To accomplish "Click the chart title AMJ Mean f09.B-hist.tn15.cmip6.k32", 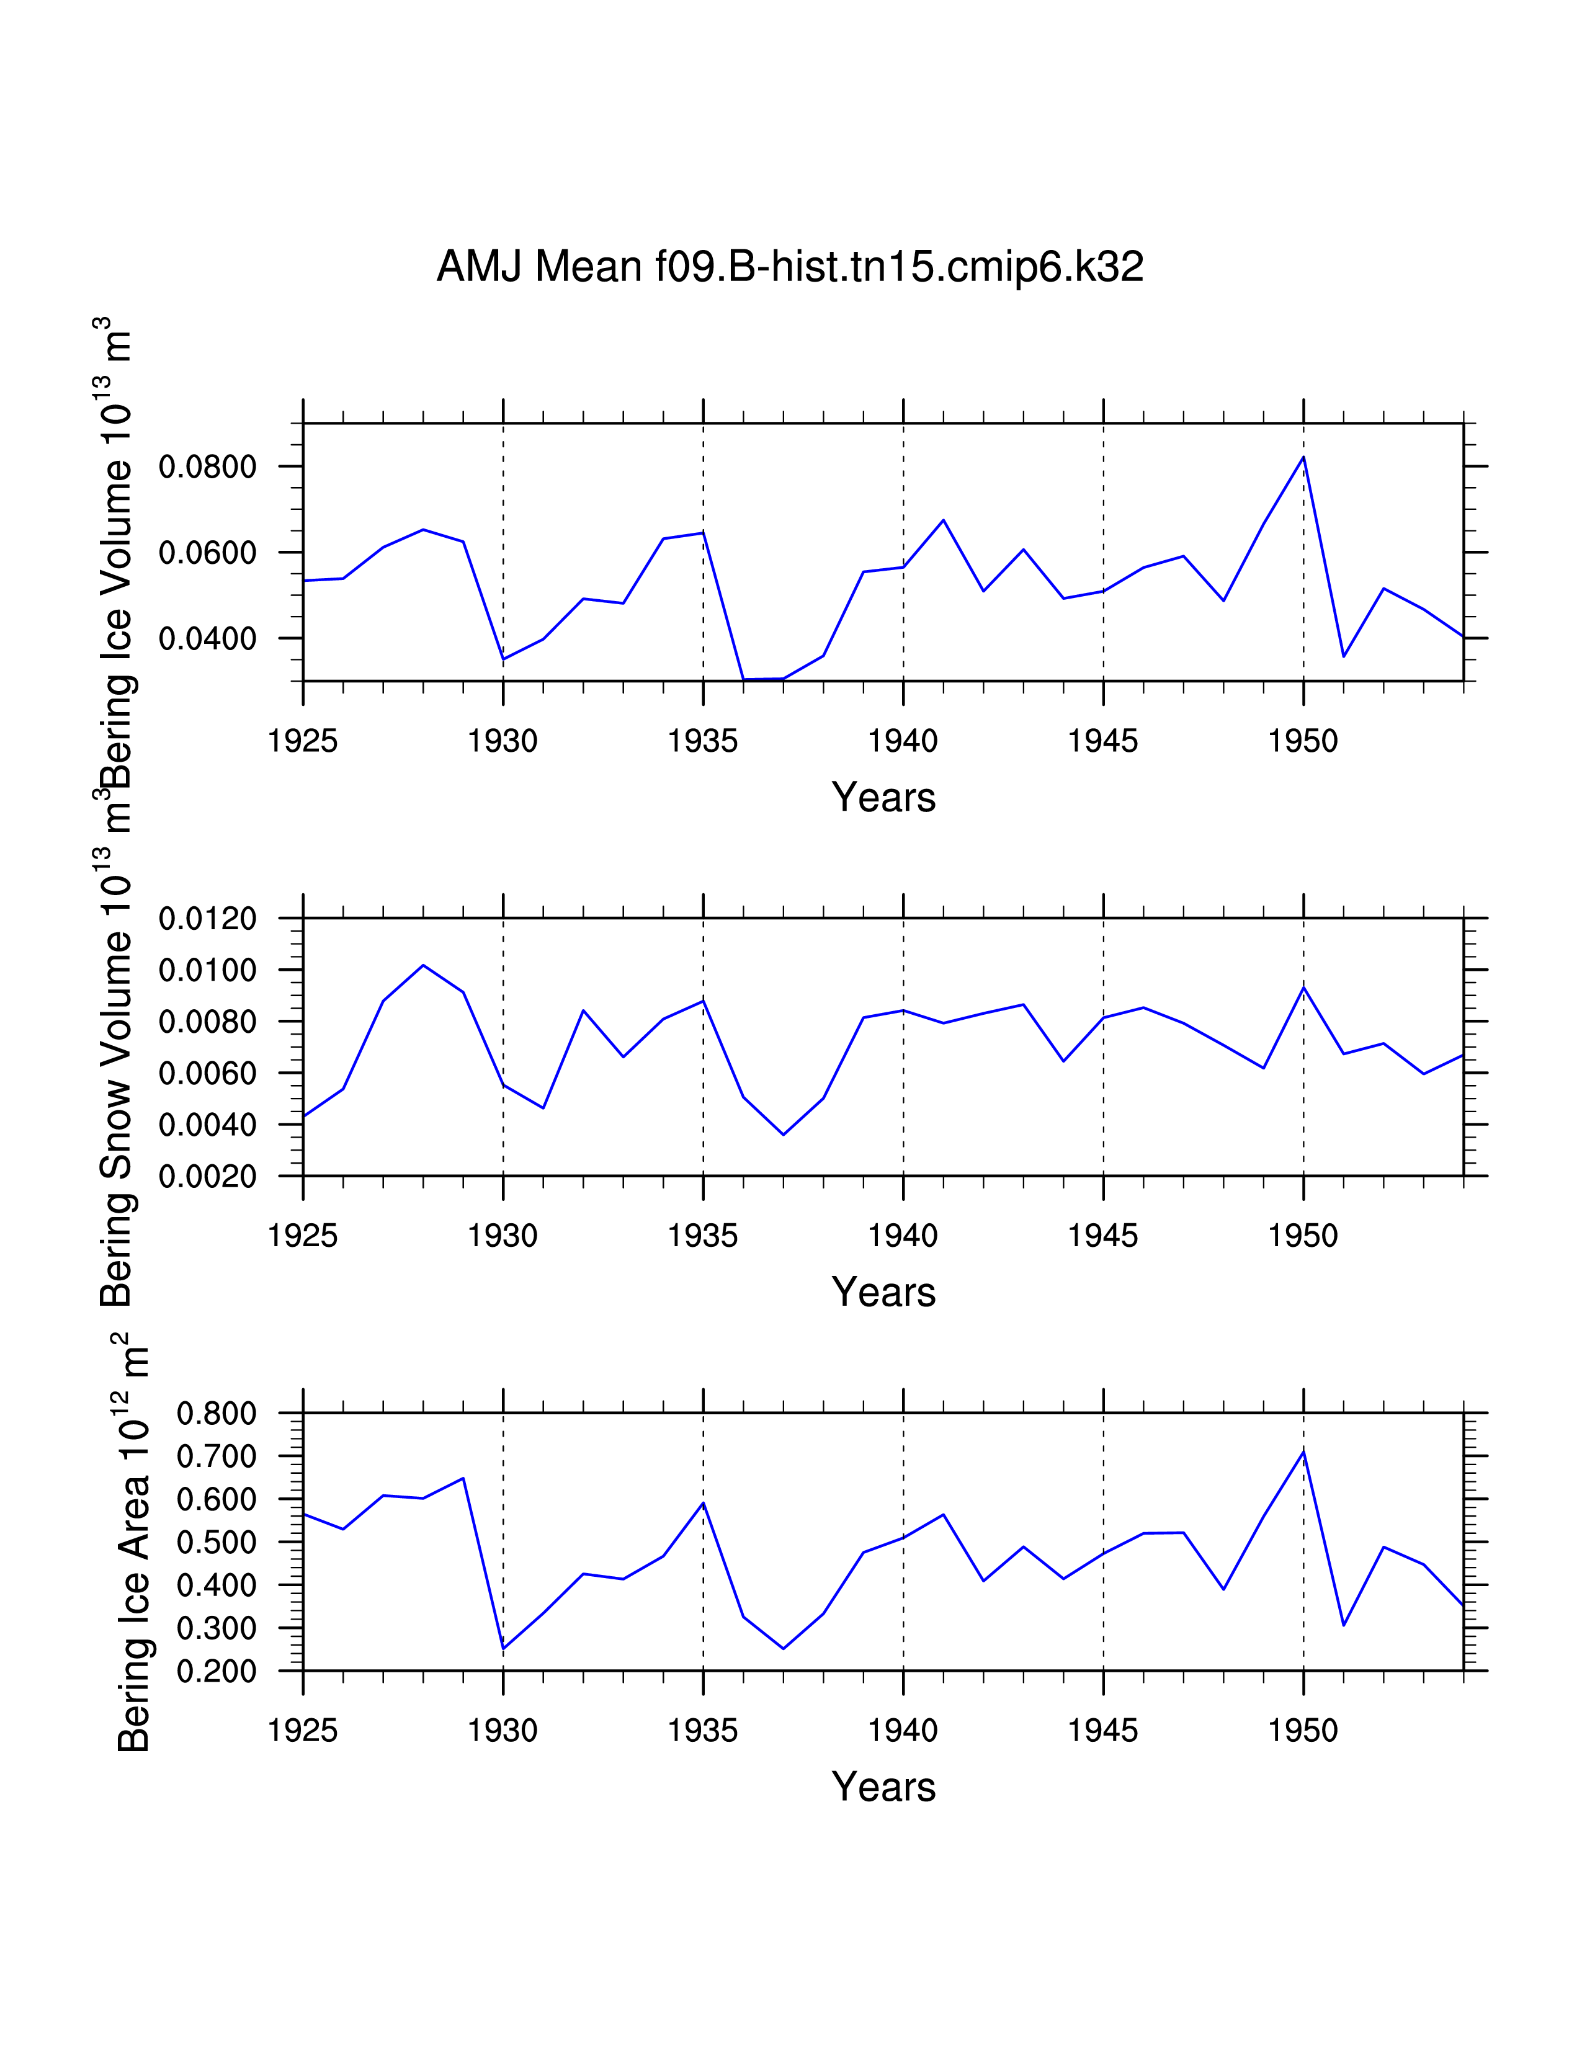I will [790, 267].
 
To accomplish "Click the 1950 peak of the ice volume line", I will [1303, 457].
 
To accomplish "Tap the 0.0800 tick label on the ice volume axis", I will [207, 466].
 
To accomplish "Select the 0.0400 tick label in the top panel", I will [207, 639].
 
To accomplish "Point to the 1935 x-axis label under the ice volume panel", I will [703, 741].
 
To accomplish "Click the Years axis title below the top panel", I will [883, 798].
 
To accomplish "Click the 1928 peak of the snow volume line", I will [424, 965].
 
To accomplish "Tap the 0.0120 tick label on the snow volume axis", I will [207, 919].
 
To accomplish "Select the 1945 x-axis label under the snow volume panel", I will [1103, 1236].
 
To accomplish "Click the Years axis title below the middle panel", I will [883, 1293].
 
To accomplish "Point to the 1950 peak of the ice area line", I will [1303, 1452].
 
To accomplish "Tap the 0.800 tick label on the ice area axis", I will [217, 1414].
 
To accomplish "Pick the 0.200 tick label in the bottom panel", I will [217, 1672].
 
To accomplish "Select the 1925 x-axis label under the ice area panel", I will [303, 1731].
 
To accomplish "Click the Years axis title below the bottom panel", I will [883, 1787].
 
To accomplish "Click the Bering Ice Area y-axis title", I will [133, 1546].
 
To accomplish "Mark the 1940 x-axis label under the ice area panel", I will [903, 1731].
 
